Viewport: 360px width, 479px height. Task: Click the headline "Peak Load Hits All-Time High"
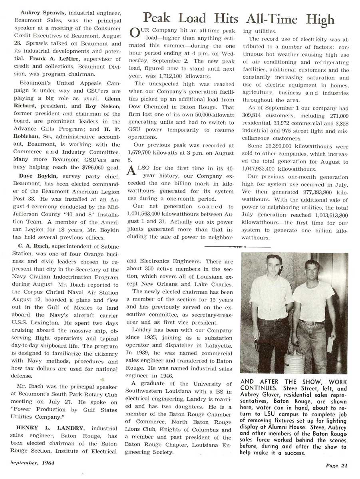tap(239, 18)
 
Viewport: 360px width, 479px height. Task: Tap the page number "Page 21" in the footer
tap(337, 465)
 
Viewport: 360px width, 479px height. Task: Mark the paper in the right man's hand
tap(330, 344)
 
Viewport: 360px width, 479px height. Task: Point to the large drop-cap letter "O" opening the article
tap(135, 34)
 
